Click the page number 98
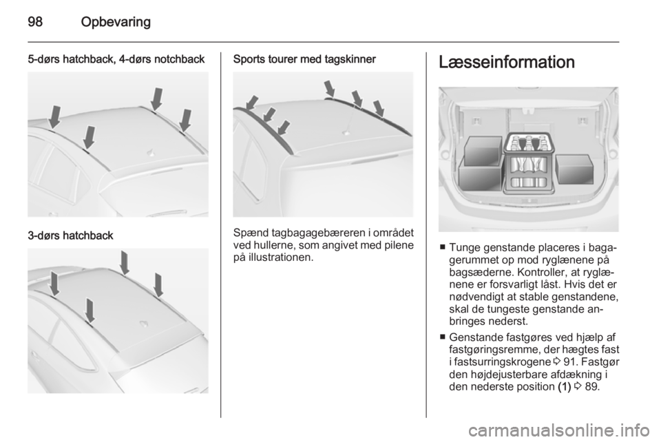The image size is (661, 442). [35, 21]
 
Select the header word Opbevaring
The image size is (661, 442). [116, 22]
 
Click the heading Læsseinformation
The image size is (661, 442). [507, 62]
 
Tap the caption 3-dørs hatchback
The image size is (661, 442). [70, 235]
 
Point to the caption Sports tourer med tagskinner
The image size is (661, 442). [304, 59]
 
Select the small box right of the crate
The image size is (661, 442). [574, 169]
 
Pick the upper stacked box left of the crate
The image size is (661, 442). [483, 150]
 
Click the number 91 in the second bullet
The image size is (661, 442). [570, 362]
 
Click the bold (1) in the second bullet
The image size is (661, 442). [564, 386]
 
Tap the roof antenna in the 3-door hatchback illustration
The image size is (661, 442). [144, 324]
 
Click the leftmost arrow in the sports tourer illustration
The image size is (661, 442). [252, 103]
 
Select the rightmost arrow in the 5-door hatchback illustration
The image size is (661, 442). [185, 120]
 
